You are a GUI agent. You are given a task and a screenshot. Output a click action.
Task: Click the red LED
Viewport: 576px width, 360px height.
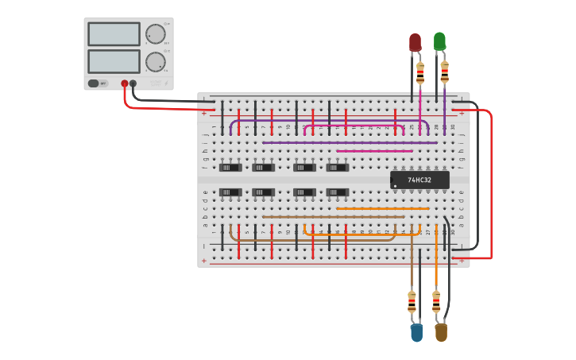click(x=415, y=42)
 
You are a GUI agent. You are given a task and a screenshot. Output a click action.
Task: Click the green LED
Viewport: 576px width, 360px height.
click(x=439, y=41)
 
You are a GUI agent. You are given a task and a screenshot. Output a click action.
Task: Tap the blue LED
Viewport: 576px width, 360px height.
click(x=416, y=333)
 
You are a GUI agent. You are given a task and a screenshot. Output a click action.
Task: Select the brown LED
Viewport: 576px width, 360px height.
click(x=441, y=332)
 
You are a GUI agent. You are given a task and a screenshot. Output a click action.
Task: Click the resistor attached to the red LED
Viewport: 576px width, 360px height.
click(x=420, y=72)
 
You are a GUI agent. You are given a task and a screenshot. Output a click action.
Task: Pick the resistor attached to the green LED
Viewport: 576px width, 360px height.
click(x=445, y=72)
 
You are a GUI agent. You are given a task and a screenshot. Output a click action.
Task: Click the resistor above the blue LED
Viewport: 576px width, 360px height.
click(x=412, y=302)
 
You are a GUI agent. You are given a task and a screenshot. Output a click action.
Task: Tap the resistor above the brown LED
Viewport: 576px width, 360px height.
click(x=436, y=302)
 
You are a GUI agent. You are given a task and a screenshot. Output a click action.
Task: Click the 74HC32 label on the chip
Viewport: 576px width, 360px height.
click(x=419, y=180)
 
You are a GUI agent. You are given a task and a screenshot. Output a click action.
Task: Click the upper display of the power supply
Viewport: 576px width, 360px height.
click(x=114, y=34)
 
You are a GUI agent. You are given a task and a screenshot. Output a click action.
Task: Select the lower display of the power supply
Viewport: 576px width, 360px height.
click(x=114, y=61)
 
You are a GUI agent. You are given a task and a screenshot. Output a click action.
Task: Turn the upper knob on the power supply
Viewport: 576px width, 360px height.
click(x=155, y=34)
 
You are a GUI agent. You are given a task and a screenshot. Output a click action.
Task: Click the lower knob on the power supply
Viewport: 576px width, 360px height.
click(x=155, y=61)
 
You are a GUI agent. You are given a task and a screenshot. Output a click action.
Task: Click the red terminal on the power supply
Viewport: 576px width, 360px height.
click(x=125, y=83)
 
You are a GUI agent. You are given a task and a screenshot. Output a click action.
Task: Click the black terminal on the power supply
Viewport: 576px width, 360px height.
click(x=133, y=83)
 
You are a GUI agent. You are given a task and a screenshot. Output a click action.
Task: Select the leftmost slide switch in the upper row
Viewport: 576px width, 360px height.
click(x=230, y=168)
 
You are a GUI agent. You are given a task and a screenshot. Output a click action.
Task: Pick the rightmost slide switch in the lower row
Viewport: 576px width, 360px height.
click(x=338, y=192)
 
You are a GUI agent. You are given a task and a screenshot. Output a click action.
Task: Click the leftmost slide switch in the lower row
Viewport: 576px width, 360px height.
click(x=230, y=192)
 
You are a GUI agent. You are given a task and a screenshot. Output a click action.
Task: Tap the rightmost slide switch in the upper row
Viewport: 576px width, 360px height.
click(x=338, y=168)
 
